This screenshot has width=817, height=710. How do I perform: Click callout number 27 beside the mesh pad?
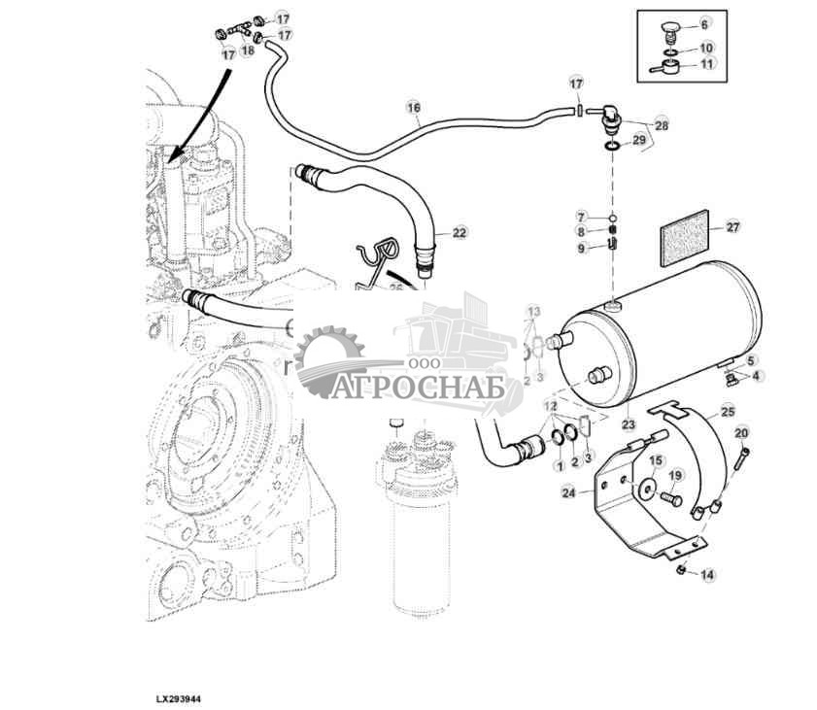pyautogui.click(x=732, y=227)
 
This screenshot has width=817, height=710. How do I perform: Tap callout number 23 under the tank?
pyautogui.click(x=628, y=423)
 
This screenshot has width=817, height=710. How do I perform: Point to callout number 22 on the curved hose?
pyautogui.click(x=460, y=233)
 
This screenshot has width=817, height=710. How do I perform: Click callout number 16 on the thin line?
pyautogui.click(x=413, y=108)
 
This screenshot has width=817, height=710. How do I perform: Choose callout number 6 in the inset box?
pyautogui.click(x=705, y=21)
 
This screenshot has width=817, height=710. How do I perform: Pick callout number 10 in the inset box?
pyautogui.click(x=706, y=48)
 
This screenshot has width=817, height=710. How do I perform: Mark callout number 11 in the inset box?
pyautogui.click(x=706, y=64)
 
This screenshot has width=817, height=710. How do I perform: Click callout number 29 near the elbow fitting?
pyautogui.click(x=638, y=141)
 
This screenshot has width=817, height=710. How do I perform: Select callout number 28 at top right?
pyautogui.click(x=662, y=125)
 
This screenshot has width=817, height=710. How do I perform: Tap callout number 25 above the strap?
pyautogui.click(x=728, y=412)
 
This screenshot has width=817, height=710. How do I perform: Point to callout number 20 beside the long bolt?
pyautogui.click(x=741, y=432)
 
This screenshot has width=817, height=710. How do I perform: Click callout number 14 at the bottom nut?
pyautogui.click(x=707, y=575)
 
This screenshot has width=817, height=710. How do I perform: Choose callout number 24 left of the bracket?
pyautogui.click(x=568, y=493)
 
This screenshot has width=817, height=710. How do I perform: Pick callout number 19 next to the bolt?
pyautogui.click(x=676, y=475)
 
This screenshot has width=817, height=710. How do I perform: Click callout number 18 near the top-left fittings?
pyautogui.click(x=247, y=50)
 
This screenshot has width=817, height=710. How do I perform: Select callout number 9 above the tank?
pyautogui.click(x=581, y=249)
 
